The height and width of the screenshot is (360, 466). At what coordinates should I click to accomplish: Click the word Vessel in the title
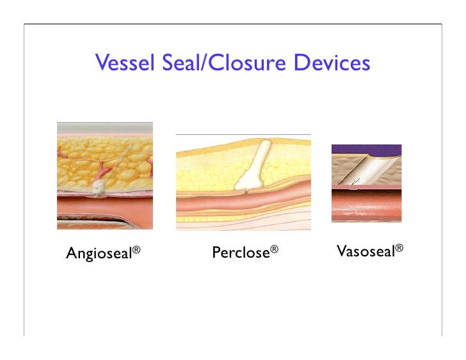coord(122,63)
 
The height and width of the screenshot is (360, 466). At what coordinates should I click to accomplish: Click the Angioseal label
coord(99,254)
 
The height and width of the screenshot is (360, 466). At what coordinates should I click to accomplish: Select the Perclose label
coord(241,253)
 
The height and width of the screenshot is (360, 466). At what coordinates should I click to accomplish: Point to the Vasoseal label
coord(366,251)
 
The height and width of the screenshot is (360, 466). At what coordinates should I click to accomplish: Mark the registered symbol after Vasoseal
coord(399,247)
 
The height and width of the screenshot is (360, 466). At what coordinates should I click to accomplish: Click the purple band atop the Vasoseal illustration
coord(366,150)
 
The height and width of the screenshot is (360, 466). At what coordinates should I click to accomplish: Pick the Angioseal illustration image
coord(105,175)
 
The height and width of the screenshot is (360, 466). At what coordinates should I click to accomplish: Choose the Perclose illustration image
coord(243,182)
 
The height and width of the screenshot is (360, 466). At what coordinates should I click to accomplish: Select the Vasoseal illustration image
coord(366,183)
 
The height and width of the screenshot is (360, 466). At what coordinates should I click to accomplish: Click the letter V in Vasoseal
coord(341,251)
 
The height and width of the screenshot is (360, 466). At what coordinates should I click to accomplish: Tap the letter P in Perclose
coord(216,253)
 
